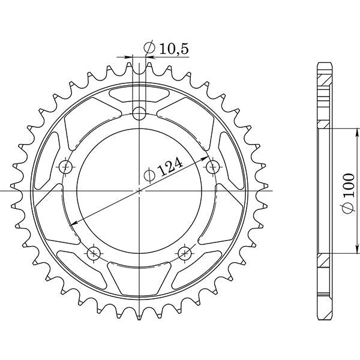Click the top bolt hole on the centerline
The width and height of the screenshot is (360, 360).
click(139, 113)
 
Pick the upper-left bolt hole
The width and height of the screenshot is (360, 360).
click(66, 167)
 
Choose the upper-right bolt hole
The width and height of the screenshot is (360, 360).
click(212, 167)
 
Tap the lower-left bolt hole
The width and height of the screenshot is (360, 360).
click(94, 253)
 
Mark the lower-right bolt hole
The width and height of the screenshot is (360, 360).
click(185, 253)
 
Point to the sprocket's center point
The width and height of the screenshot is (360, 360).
click(139, 191)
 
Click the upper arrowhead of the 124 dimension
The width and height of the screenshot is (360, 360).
click(205, 158)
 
